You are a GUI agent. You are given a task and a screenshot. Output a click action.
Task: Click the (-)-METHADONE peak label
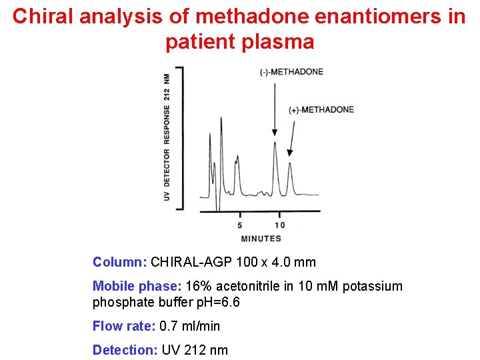291,72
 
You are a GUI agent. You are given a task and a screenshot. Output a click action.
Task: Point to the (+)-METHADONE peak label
321,109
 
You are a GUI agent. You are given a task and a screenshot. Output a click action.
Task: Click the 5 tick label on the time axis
240,225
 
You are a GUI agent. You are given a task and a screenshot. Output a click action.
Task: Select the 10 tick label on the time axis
280,225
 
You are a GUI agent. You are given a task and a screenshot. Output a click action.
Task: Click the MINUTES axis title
261,238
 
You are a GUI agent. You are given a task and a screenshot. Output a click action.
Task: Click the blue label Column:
120,262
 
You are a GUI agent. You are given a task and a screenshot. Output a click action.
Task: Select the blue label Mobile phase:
137,286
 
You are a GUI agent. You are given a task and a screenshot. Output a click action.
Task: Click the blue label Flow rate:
125,326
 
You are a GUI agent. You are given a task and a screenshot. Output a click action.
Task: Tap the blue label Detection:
125,350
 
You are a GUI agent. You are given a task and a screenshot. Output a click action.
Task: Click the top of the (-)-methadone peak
275,142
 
